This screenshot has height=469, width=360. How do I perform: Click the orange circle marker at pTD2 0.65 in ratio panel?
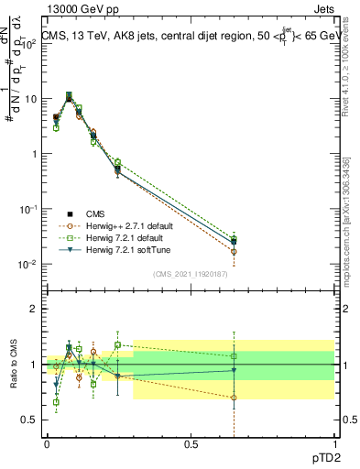(234, 398)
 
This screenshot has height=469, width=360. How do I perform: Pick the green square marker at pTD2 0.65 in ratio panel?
(234, 355)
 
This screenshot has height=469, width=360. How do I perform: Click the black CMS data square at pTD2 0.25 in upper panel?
(117, 169)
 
